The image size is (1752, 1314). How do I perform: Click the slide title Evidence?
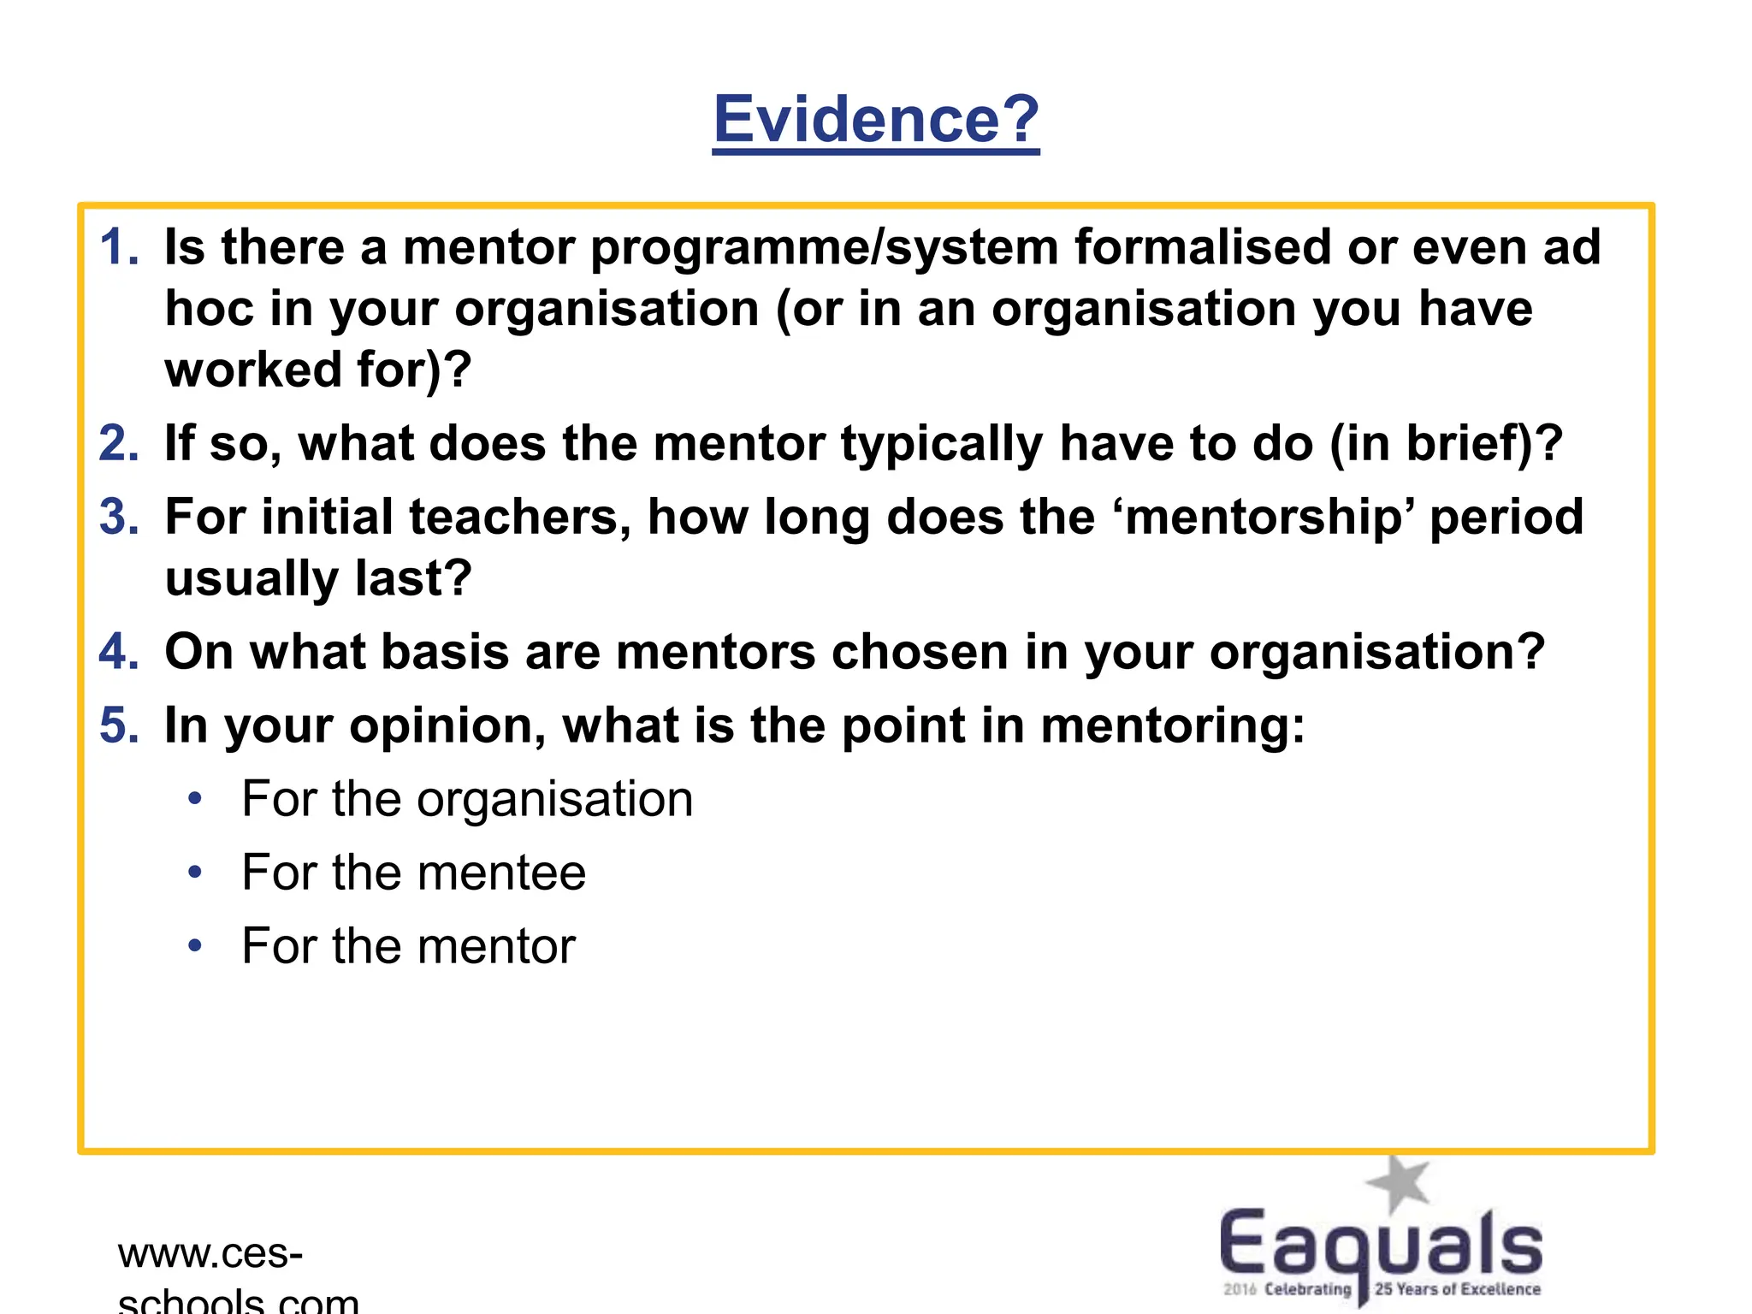(x=876, y=119)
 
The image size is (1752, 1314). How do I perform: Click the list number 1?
(x=118, y=247)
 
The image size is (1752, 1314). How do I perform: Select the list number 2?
(x=118, y=444)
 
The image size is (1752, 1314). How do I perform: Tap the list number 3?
(x=118, y=518)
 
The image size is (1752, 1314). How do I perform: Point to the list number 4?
(x=118, y=652)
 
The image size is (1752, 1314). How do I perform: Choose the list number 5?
(x=118, y=725)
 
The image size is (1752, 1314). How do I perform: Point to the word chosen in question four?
(x=920, y=652)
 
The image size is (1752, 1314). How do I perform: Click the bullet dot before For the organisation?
(x=195, y=799)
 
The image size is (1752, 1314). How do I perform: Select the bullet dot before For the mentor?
(x=195, y=946)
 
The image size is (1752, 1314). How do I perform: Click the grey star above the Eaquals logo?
(x=1398, y=1183)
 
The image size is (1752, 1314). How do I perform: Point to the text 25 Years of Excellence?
(x=1457, y=1289)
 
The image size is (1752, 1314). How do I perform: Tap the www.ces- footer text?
(x=210, y=1254)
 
